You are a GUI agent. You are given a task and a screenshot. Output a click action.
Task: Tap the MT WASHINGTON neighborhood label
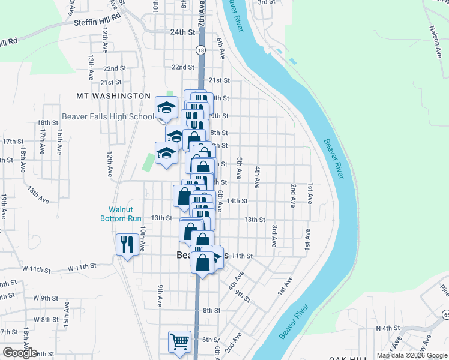[x=113, y=96]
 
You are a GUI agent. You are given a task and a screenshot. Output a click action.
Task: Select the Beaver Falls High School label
[x=108, y=116]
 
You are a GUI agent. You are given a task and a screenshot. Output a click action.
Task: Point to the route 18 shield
[x=200, y=51]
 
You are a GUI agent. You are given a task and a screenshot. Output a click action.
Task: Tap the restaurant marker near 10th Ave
[x=127, y=245]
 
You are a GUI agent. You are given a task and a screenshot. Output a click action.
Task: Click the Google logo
[x=20, y=353]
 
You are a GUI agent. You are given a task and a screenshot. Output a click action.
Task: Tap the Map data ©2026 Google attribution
[x=412, y=355]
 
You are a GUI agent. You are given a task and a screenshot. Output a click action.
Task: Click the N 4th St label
[x=387, y=328]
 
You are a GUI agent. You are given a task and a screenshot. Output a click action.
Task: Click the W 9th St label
[x=45, y=298]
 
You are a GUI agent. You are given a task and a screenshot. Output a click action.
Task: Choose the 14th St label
[x=237, y=201]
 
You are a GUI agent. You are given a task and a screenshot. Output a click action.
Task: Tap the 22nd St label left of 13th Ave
[x=115, y=68]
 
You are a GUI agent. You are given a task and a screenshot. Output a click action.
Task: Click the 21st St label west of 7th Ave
[x=110, y=82]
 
